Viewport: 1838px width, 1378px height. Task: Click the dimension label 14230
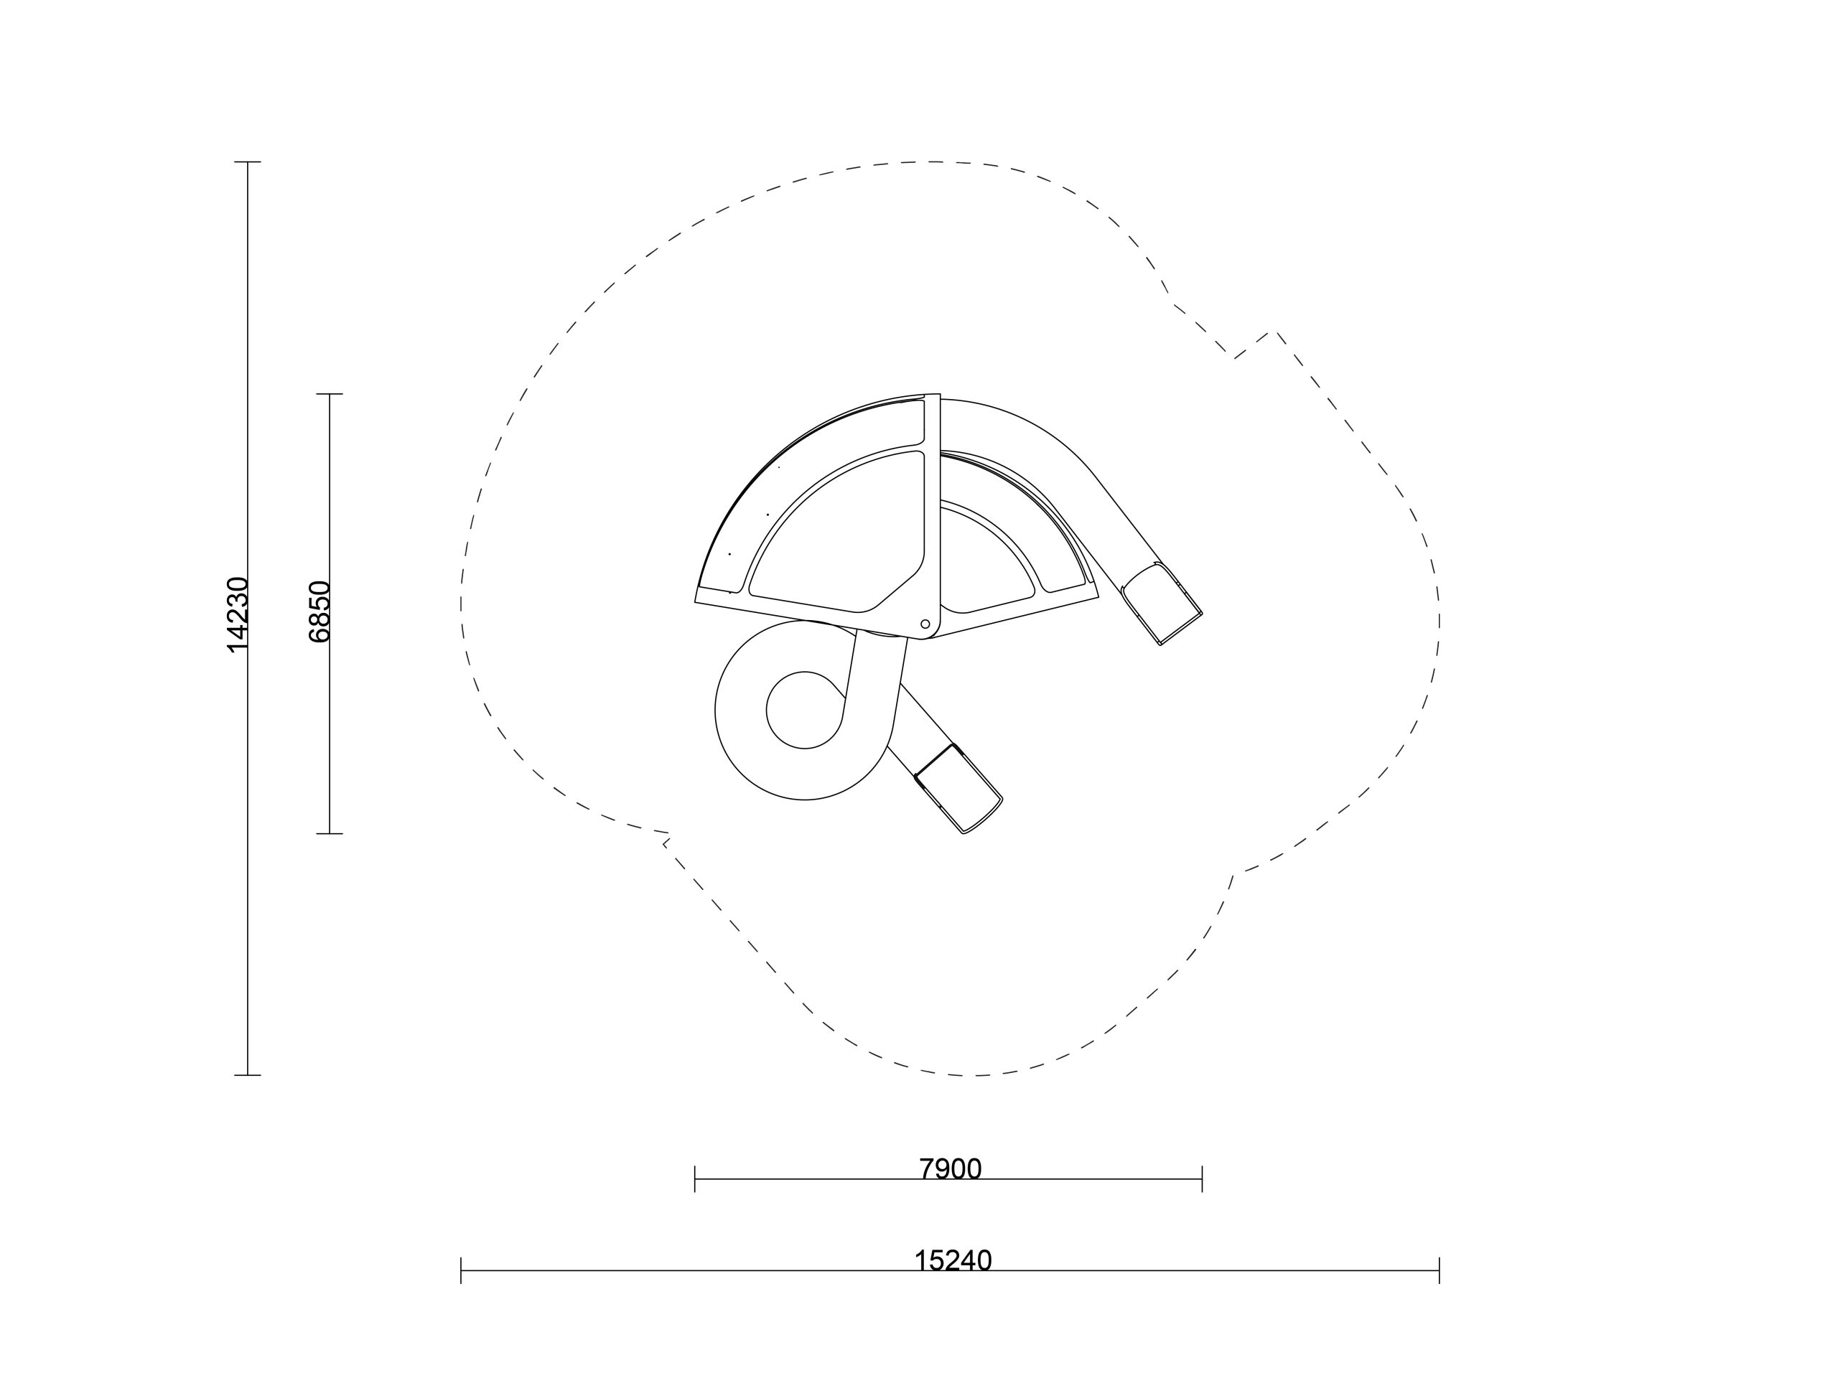coord(238,614)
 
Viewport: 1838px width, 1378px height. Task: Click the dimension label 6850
coord(319,612)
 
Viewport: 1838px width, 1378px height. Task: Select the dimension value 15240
coord(953,1261)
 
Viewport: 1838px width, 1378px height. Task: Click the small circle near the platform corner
coord(925,624)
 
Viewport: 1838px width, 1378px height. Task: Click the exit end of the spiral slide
coord(959,789)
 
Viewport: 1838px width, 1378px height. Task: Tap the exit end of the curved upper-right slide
coord(1162,603)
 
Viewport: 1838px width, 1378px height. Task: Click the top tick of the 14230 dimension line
coord(248,162)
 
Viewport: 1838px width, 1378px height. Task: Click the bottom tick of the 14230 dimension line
coord(248,1075)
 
